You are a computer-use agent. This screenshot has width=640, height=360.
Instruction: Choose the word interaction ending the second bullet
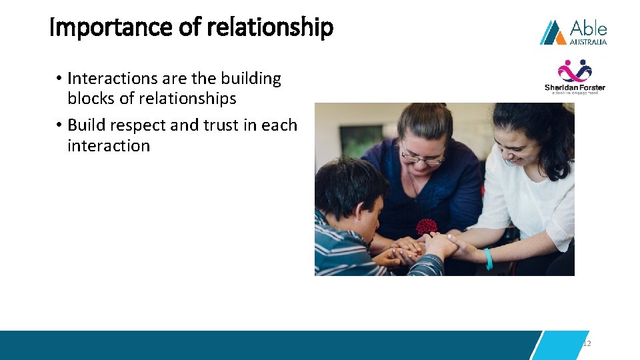click(109, 146)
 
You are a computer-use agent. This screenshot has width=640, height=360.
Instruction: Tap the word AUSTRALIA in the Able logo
click(588, 41)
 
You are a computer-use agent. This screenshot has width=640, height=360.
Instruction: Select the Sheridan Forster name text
click(575, 87)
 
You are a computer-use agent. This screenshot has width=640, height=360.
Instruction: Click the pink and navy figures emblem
click(575, 70)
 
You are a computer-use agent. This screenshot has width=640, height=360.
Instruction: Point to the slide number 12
click(587, 343)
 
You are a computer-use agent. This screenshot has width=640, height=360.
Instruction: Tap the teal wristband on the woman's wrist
click(489, 259)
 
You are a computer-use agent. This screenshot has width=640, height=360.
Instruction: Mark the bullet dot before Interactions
click(59, 79)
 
